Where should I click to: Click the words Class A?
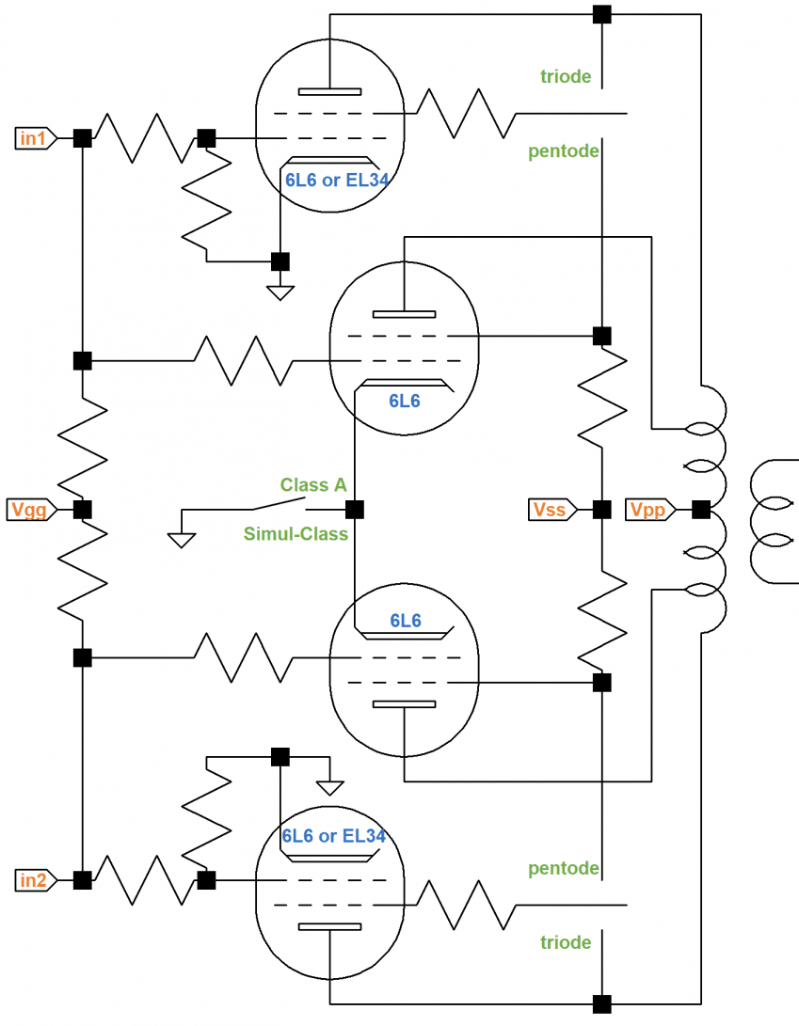click(313, 485)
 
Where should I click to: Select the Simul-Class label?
click(296, 534)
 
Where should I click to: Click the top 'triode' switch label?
click(566, 76)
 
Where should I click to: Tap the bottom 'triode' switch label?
click(566, 942)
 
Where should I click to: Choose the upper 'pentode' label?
click(564, 151)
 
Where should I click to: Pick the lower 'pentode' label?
click(564, 868)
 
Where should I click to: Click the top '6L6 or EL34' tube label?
click(337, 180)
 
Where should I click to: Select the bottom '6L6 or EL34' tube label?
click(334, 836)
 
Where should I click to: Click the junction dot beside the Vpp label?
click(701, 510)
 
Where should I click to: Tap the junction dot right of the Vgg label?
click(83, 510)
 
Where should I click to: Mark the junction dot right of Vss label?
click(602, 510)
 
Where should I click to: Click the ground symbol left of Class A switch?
click(182, 540)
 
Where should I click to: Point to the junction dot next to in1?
click(83, 139)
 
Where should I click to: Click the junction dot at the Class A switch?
click(354, 510)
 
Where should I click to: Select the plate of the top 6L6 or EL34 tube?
click(329, 91)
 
